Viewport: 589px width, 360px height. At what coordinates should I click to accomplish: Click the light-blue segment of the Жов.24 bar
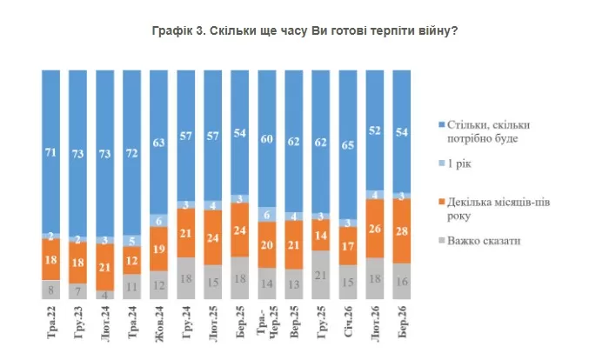(x=159, y=222)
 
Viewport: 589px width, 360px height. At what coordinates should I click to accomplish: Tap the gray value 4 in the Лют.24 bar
(x=105, y=295)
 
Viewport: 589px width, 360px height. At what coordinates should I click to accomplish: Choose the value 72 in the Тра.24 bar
(x=132, y=153)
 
